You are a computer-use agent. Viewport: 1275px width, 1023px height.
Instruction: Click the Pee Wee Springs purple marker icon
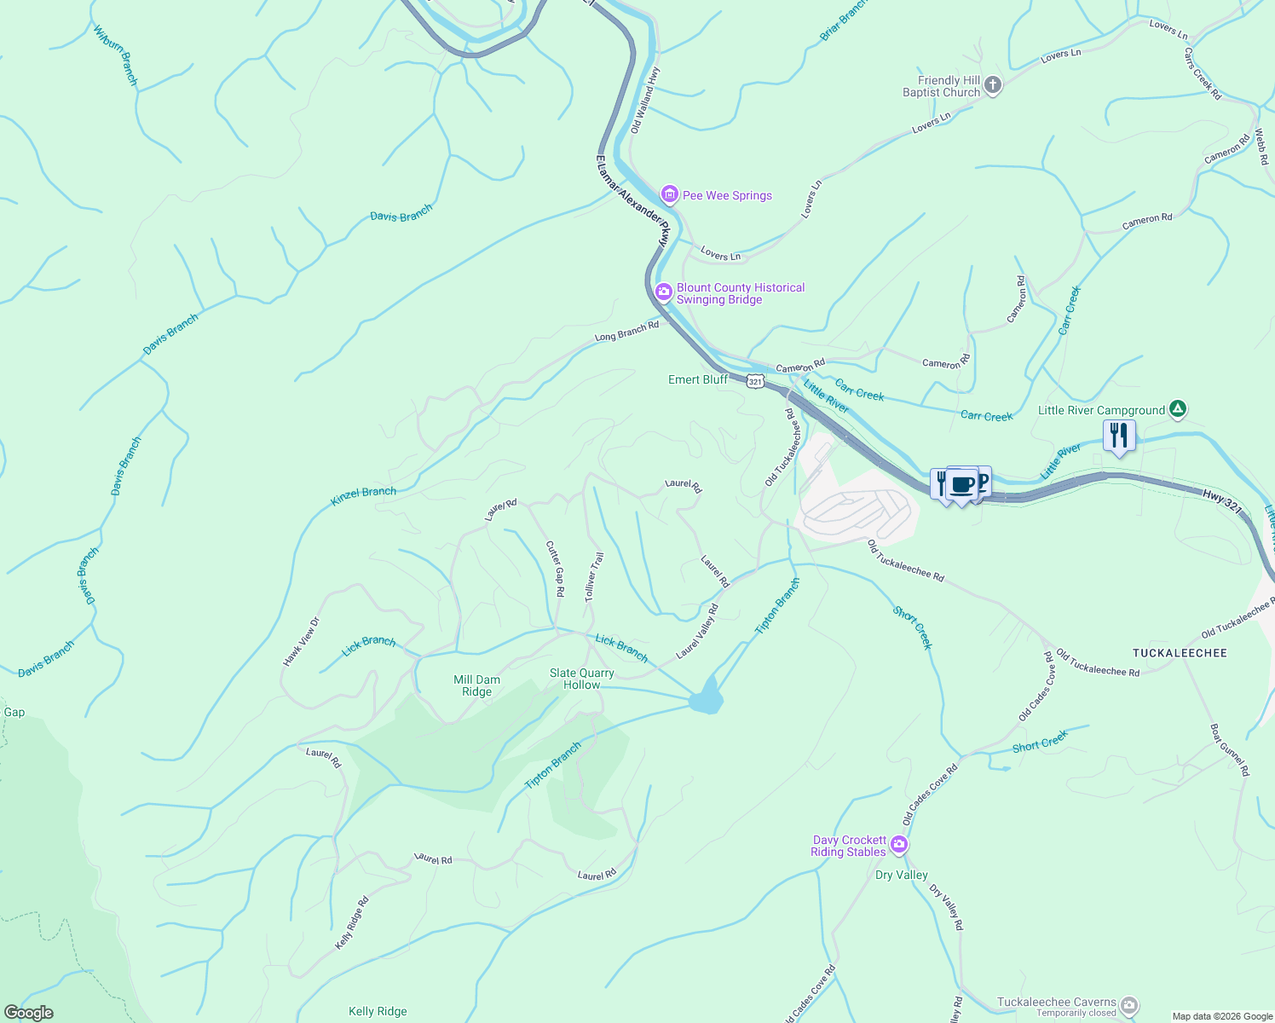pyautogui.click(x=670, y=195)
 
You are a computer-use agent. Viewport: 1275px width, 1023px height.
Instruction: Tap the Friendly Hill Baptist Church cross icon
pyautogui.click(x=993, y=84)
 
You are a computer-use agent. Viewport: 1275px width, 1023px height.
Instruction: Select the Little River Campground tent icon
pyautogui.click(x=1177, y=409)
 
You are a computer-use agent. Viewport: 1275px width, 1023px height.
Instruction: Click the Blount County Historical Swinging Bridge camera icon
pyautogui.click(x=663, y=293)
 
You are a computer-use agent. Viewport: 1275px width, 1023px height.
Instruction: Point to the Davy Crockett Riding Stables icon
pyautogui.click(x=898, y=846)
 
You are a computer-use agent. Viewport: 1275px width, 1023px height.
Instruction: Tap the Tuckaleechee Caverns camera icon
pyautogui.click(x=1128, y=1006)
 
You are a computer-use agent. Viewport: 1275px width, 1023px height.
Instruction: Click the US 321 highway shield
pyautogui.click(x=755, y=381)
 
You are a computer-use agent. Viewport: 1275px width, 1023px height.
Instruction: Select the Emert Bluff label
pyautogui.click(x=698, y=379)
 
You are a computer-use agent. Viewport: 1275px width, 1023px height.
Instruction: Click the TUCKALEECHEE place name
pyautogui.click(x=1180, y=653)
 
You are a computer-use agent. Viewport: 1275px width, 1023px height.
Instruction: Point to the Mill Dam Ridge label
pyautogui.click(x=476, y=685)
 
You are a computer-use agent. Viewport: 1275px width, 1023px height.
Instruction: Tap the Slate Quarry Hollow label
pyautogui.click(x=581, y=679)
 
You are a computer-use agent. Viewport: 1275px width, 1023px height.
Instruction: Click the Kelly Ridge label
pyautogui.click(x=378, y=1011)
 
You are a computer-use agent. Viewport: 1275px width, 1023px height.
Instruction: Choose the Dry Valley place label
pyautogui.click(x=901, y=875)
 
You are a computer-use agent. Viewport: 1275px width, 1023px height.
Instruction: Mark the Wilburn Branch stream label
pyautogui.click(x=116, y=55)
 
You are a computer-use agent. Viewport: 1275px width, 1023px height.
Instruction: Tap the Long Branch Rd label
pyautogui.click(x=626, y=331)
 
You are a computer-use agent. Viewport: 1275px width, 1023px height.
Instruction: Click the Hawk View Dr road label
pyautogui.click(x=301, y=642)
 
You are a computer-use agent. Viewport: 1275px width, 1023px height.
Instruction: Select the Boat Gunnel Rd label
pyautogui.click(x=1229, y=749)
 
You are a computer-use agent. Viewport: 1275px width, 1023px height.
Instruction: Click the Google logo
pyautogui.click(x=29, y=1013)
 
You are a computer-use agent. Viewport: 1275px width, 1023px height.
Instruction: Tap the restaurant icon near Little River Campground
pyautogui.click(x=1118, y=436)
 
